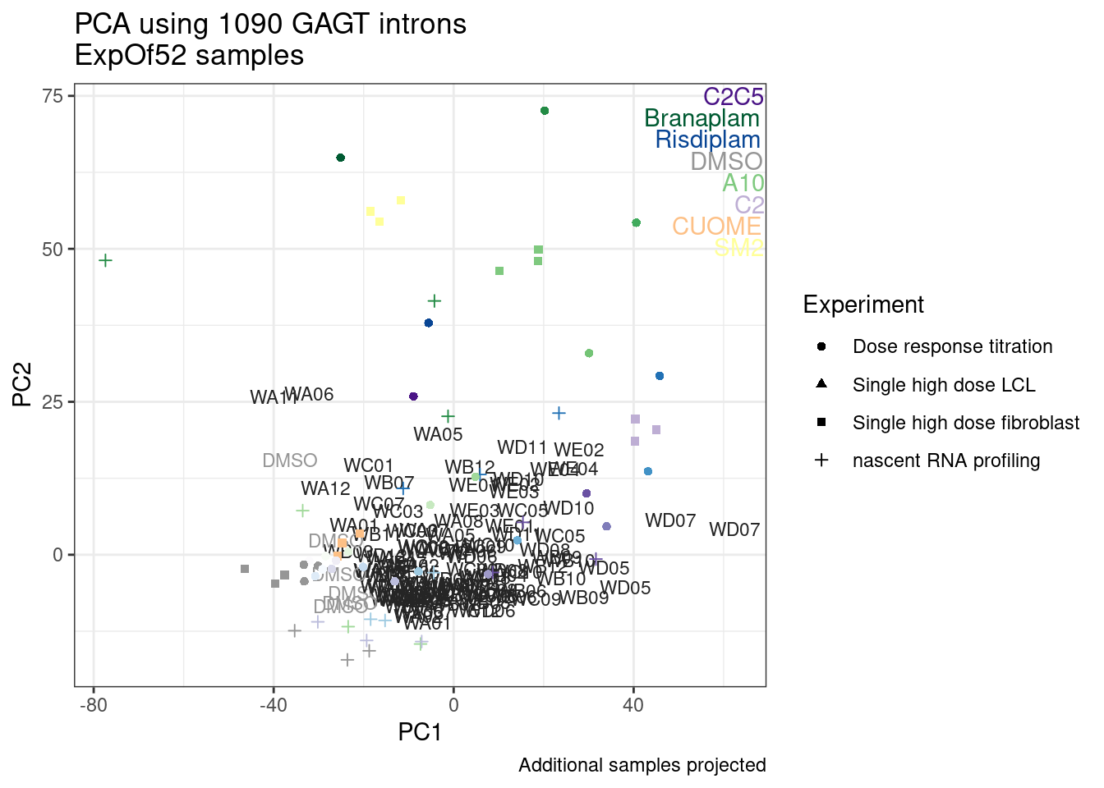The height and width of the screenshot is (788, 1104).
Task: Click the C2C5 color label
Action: [733, 97]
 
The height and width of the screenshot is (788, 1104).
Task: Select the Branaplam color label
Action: [701, 118]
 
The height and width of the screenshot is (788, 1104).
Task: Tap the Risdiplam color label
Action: [707, 140]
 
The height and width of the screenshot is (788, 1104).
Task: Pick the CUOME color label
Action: [716, 226]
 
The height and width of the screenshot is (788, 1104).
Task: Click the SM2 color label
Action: [738, 247]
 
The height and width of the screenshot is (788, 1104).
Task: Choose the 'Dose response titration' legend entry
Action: [952, 346]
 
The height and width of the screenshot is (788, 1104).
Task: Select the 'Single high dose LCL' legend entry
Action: [944, 385]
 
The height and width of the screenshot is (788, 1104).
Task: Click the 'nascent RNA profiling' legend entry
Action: [946, 460]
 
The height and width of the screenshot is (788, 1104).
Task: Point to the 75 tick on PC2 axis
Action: [53, 96]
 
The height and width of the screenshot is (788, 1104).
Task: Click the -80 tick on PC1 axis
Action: [93, 705]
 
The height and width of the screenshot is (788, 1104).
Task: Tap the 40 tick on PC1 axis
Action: [633, 705]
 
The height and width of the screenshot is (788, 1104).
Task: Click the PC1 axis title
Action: [420, 731]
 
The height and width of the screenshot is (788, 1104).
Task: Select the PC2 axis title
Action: [22, 385]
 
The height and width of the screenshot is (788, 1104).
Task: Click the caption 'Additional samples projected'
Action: [642, 765]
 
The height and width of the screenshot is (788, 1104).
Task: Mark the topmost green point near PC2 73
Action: [545, 111]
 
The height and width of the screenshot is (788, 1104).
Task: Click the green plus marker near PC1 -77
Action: [105, 260]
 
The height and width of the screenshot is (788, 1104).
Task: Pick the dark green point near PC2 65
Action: [341, 158]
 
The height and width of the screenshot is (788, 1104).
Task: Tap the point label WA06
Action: [310, 394]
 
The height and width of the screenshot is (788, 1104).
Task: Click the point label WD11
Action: [522, 447]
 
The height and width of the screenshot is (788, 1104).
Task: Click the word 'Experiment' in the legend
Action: [863, 305]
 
